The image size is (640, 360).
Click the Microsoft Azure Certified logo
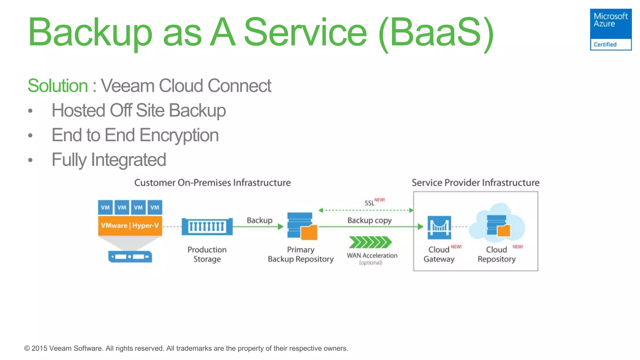[610, 29]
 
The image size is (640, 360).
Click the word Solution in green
[58, 86]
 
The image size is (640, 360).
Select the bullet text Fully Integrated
[108, 160]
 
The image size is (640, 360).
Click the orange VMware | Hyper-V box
[130, 226]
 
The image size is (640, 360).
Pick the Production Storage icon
[207, 227]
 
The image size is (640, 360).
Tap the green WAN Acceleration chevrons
[370, 242]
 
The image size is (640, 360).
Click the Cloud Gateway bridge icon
[439, 227]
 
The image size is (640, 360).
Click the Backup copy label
[369, 220]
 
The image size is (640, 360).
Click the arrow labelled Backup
[258, 227]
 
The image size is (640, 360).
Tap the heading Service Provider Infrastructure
[475, 182]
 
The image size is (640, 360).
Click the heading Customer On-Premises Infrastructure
[212, 182]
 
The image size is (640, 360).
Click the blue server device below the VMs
[130, 257]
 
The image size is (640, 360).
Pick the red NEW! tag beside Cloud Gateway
[456, 247]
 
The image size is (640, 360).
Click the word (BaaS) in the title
[436, 32]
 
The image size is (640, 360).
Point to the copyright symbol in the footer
[27, 348]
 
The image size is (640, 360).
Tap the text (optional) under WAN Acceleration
[371, 263]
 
